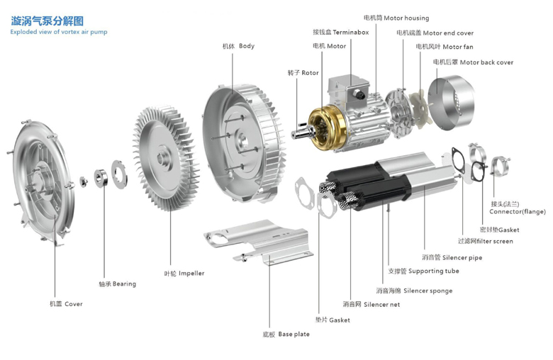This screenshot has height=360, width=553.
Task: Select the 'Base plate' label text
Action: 286,334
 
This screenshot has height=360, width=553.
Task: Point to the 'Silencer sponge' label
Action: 414,291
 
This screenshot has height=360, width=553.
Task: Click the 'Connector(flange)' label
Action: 518,211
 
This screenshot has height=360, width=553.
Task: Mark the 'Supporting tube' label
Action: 423,271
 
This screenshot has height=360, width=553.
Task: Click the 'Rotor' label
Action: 303,73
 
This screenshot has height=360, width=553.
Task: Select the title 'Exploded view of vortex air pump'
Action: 59,32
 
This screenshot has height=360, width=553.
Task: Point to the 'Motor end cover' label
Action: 435,33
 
